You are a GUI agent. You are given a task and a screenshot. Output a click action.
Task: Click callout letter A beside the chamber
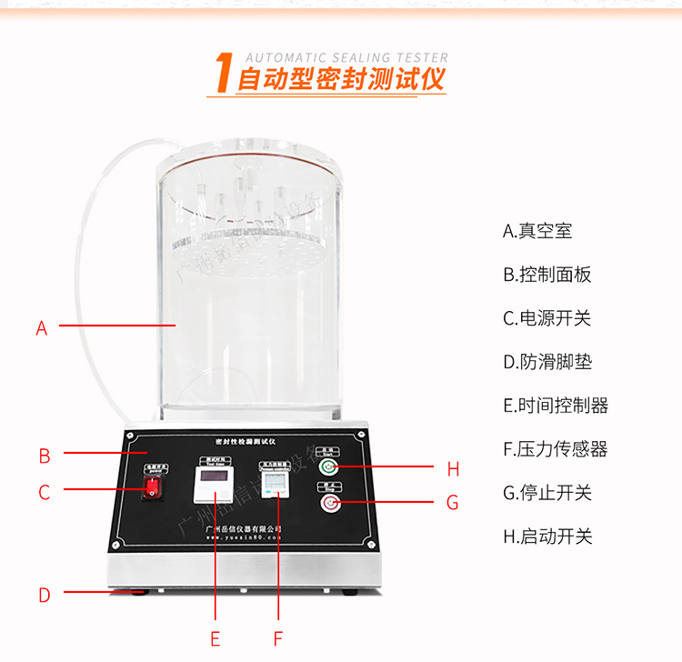tap(41, 328)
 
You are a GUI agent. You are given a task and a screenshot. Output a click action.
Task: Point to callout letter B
tap(44, 456)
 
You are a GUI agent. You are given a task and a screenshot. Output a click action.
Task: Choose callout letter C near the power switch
tap(44, 493)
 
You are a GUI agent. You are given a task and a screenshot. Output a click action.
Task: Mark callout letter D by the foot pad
tap(44, 596)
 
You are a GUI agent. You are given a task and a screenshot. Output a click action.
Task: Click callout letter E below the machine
tap(215, 638)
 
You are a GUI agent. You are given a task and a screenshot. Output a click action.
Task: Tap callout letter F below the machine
tap(278, 638)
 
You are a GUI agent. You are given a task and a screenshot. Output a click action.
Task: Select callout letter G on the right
tap(452, 503)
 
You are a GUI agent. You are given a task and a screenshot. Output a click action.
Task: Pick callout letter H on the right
tap(453, 469)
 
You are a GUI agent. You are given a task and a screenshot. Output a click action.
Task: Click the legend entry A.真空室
tap(537, 231)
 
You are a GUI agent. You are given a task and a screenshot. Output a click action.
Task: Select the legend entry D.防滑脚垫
tap(547, 362)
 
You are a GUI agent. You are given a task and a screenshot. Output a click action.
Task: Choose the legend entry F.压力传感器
tap(555, 449)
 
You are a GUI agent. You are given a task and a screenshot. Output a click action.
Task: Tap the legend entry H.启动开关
tap(547, 537)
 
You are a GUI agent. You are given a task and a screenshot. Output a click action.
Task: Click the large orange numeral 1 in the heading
tap(220, 74)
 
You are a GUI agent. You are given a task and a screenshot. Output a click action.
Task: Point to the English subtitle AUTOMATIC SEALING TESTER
tap(346, 57)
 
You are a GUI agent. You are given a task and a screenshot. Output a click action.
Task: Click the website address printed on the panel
tap(244, 537)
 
